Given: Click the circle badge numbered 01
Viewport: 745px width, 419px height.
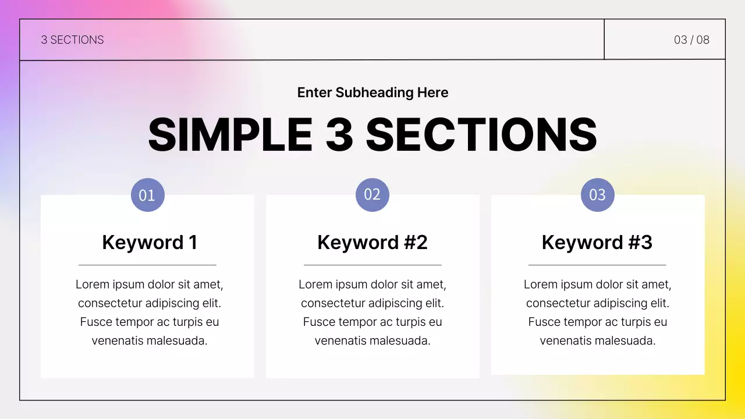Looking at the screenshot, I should [148, 195].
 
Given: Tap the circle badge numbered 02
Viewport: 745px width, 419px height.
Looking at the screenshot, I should [372, 194].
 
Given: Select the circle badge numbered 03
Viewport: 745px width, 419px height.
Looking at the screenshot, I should [598, 195].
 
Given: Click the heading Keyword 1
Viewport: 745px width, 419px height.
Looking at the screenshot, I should [150, 242].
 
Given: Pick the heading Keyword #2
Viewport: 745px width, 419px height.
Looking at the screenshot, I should [372, 242].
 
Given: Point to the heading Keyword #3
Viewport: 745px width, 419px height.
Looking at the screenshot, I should [597, 242].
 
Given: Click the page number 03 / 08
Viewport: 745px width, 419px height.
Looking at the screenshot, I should [691, 40].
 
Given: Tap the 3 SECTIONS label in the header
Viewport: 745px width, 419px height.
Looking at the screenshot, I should [72, 40].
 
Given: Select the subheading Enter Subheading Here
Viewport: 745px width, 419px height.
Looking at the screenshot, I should [372, 93].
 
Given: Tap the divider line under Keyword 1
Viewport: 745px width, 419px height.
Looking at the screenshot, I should [147, 265].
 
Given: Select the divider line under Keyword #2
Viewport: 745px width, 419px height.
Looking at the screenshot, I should [372, 265].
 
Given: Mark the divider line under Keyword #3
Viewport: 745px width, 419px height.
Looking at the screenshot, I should [597, 265].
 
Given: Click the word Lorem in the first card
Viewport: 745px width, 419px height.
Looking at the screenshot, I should [93, 285].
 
